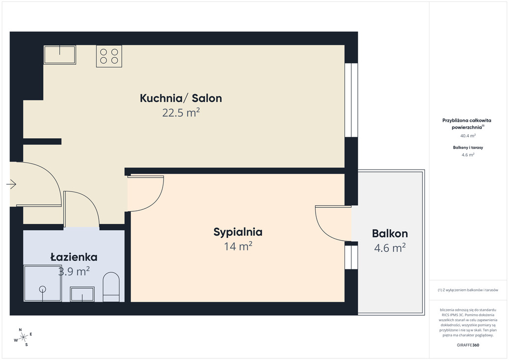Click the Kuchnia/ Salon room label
[x=181, y=98]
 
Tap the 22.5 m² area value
[x=181, y=113]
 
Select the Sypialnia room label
[x=238, y=232]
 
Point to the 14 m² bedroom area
[x=238, y=247]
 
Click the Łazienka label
[x=74, y=257]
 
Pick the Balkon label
[x=390, y=233]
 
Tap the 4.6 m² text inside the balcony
[x=390, y=248]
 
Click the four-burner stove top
[x=109, y=56]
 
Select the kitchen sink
[x=60, y=55]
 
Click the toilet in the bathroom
[x=111, y=287]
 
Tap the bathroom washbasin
[x=83, y=294]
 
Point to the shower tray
[x=43, y=283]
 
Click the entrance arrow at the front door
[x=11, y=184]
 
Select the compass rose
[x=23, y=338]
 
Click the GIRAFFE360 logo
[x=468, y=345]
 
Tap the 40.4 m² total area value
[x=468, y=136]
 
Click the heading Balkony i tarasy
[x=468, y=147]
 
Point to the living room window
[x=351, y=100]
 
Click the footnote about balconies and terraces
[x=468, y=290]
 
